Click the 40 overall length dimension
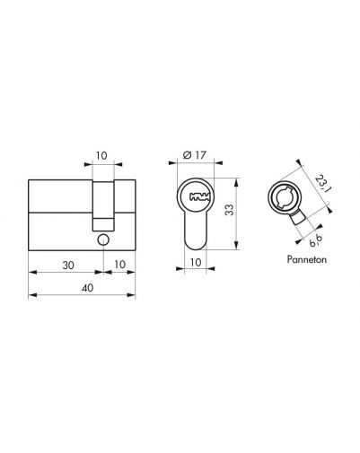(x=88, y=288)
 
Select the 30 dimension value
(x=68, y=265)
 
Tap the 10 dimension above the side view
(x=101, y=156)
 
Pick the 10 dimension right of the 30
(x=119, y=265)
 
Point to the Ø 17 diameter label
(x=195, y=155)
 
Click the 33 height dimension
(x=230, y=210)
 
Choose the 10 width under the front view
(x=196, y=262)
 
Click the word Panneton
(x=307, y=259)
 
